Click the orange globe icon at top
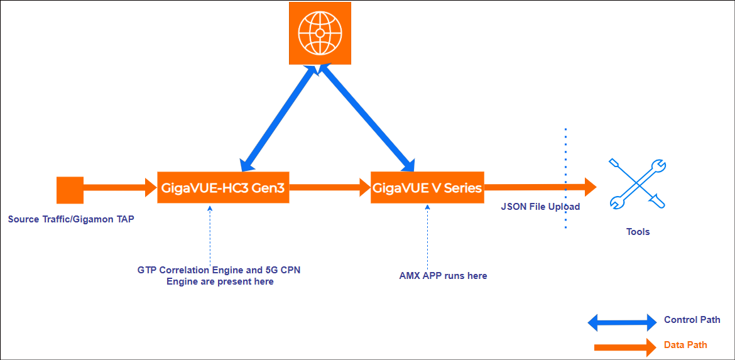(320, 33)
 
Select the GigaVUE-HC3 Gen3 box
(223, 187)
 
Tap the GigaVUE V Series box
(427, 187)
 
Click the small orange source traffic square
(70, 190)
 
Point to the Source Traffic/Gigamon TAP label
(71, 219)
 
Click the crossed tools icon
(638, 184)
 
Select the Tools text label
(638, 232)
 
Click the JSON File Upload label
(540, 206)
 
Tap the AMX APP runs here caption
(443, 276)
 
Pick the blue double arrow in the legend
(622, 323)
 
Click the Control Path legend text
(692, 320)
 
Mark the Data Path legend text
(685, 345)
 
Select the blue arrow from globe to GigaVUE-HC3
(276, 118)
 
